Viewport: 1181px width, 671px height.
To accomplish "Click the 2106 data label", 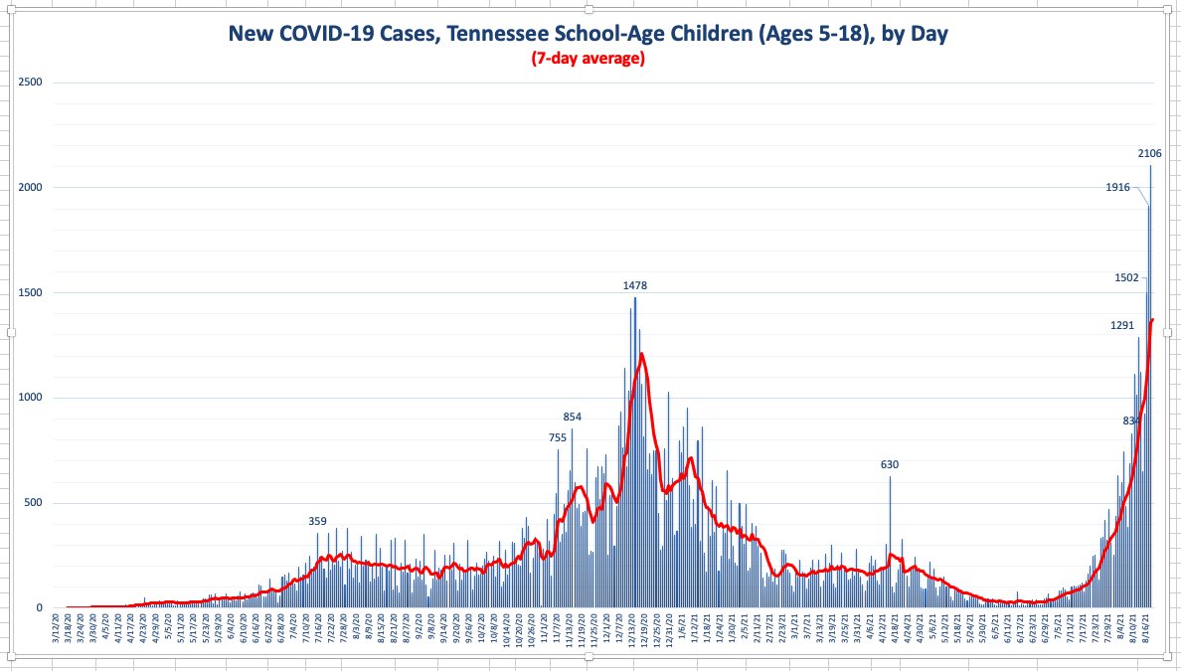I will (1149, 153).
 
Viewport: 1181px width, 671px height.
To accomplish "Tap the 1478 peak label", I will (635, 285).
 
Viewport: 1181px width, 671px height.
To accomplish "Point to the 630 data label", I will (890, 464).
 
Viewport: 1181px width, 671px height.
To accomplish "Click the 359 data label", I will (317, 521).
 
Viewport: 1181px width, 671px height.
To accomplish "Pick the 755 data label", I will (558, 437).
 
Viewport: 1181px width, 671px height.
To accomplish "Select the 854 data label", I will (573, 417).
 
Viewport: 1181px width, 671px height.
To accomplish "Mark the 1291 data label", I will (1122, 325).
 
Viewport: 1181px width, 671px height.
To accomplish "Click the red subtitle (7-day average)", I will (589, 59).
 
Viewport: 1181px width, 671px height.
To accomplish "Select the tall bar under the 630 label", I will (890, 542).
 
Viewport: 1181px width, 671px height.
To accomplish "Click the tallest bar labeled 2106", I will (1151, 388).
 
